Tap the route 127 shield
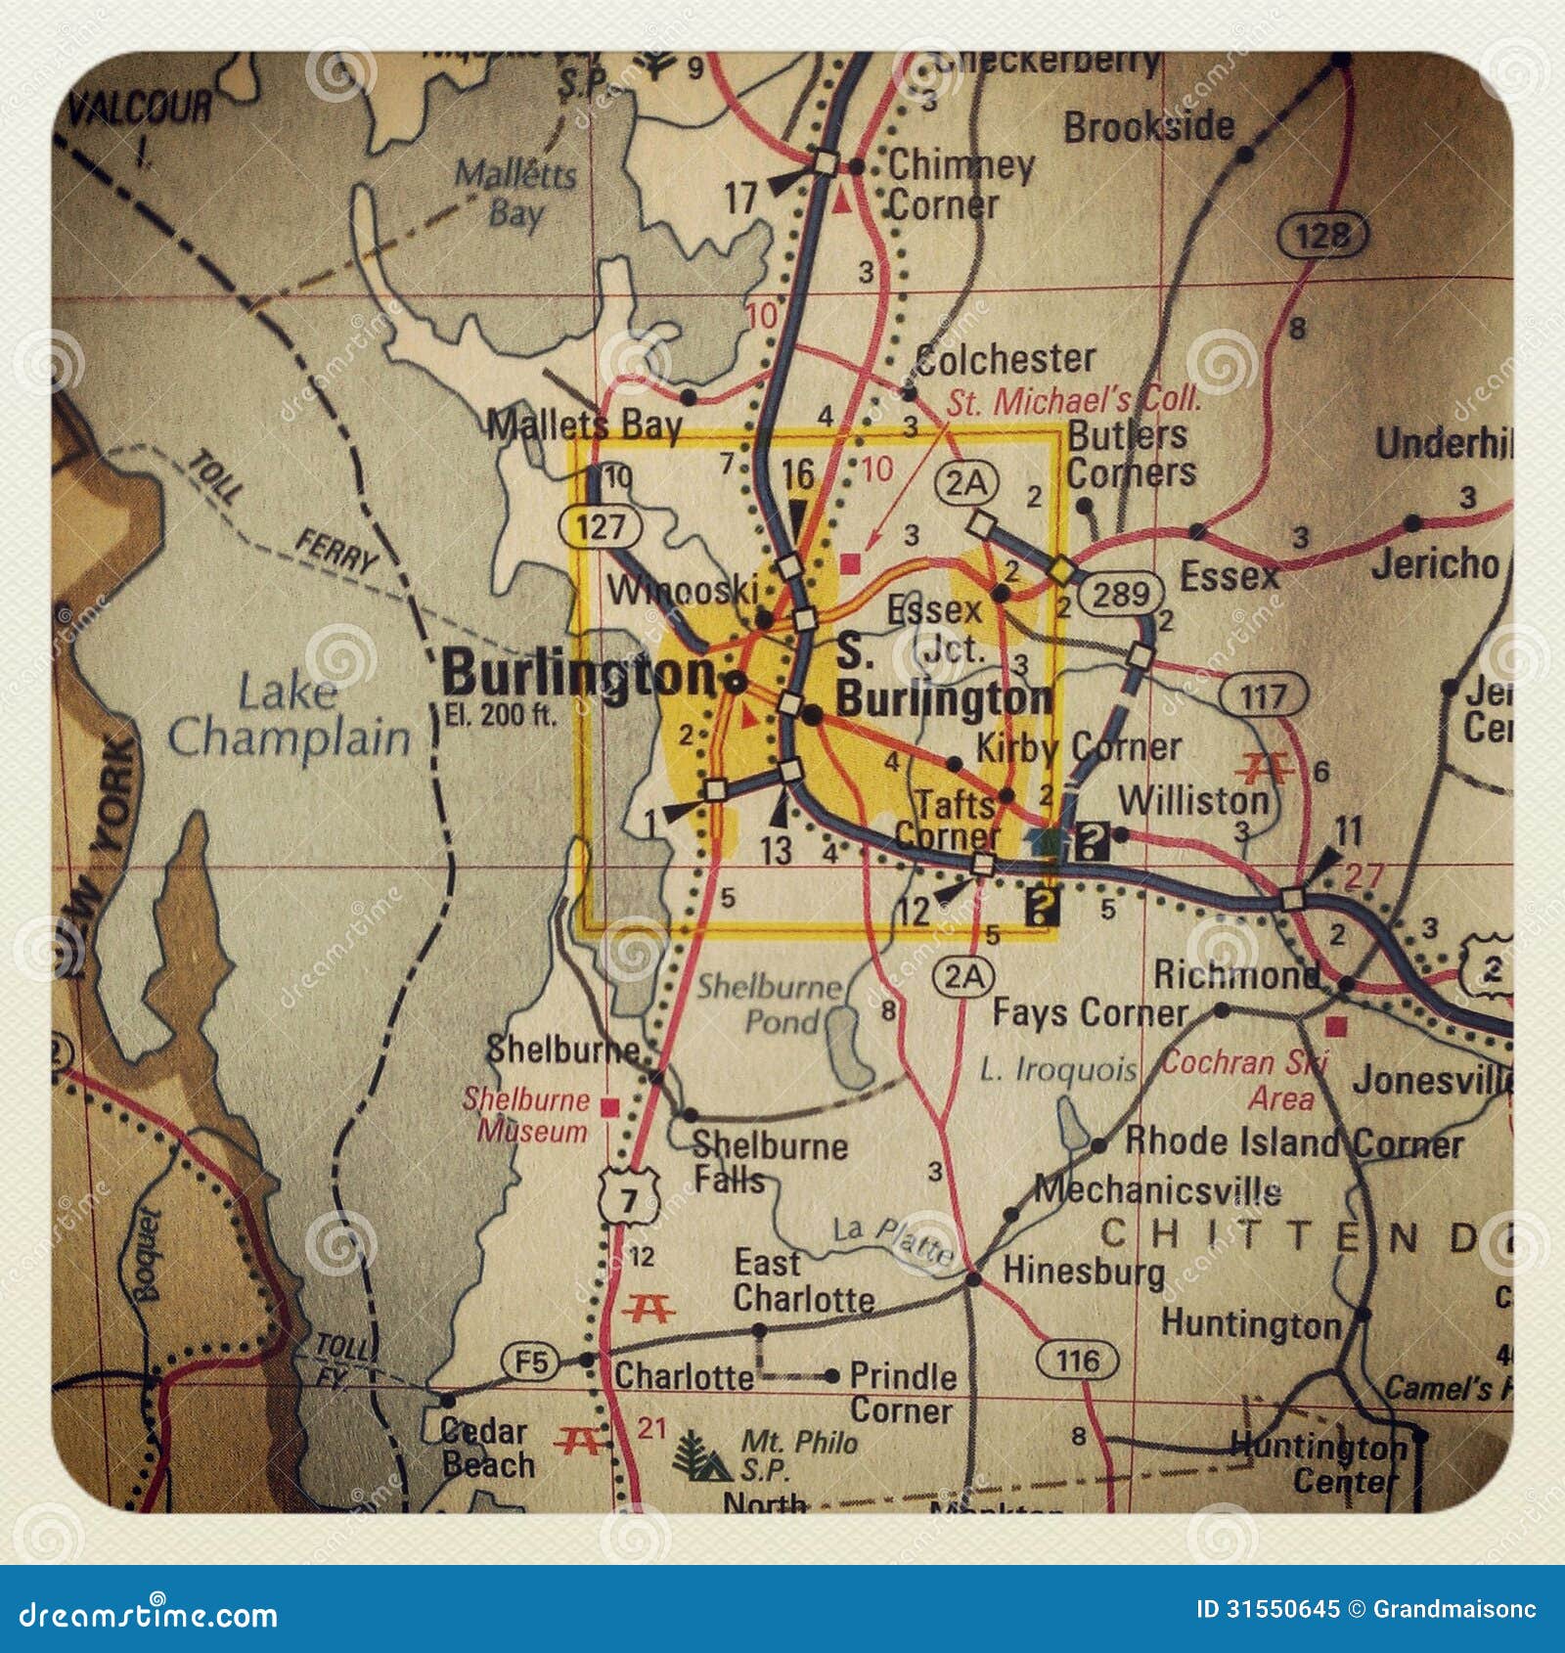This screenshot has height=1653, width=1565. tap(600, 526)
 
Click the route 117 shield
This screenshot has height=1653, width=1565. tap(1264, 696)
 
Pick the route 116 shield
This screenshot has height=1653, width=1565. tap(1077, 1360)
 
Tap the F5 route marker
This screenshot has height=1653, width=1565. tap(531, 1362)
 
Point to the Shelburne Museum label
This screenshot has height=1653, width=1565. tap(526, 1115)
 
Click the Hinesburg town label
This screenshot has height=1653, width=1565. tap(1083, 1272)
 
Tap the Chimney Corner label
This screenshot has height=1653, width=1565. tap(960, 186)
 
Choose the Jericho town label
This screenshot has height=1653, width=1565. tap(1434, 564)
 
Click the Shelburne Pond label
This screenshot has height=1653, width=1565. tap(769, 1005)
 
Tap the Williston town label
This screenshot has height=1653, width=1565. tap(1192, 800)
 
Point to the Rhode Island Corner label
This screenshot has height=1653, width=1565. tap(1293, 1141)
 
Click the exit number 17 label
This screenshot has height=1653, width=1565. tap(740, 199)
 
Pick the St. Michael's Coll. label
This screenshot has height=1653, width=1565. tap(1072, 399)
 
